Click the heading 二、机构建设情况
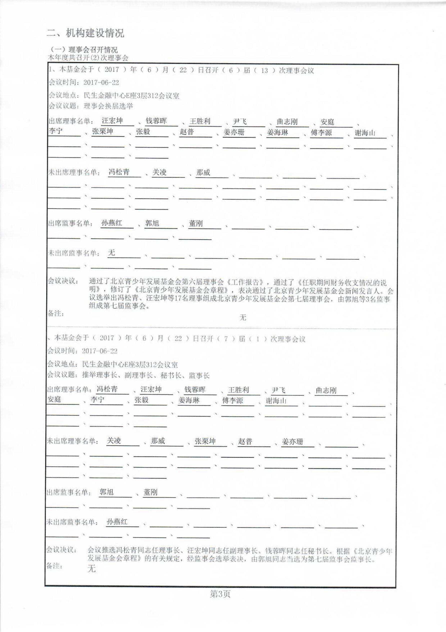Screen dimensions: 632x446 pyautogui.click(x=85, y=33)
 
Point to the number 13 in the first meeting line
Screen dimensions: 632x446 pyautogui.click(x=264, y=70)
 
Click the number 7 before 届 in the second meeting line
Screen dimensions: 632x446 pyautogui.click(x=226, y=339)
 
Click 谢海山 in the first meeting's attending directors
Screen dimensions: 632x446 pyautogui.click(x=365, y=133)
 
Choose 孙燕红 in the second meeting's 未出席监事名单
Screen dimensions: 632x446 pyautogui.click(x=117, y=522)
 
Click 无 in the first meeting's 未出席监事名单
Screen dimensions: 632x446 pyautogui.click(x=111, y=253)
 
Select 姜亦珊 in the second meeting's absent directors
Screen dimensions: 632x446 pyautogui.click(x=292, y=442)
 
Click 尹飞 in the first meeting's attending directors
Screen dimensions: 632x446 pyautogui.click(x=240, y=121)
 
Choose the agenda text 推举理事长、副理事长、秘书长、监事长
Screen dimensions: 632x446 pyautogui.click(x=146, y=375)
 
